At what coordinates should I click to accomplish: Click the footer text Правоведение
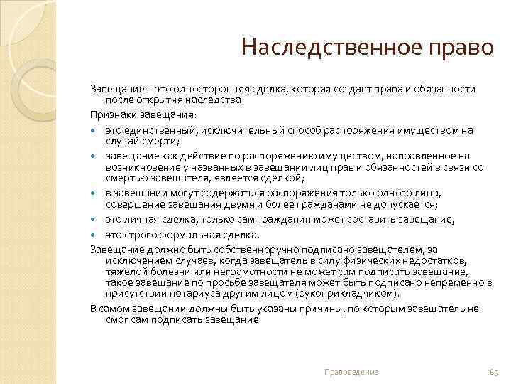(351, 372)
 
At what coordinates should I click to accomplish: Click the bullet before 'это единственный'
(94, 131)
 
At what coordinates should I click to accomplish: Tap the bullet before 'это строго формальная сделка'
(94, 235)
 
